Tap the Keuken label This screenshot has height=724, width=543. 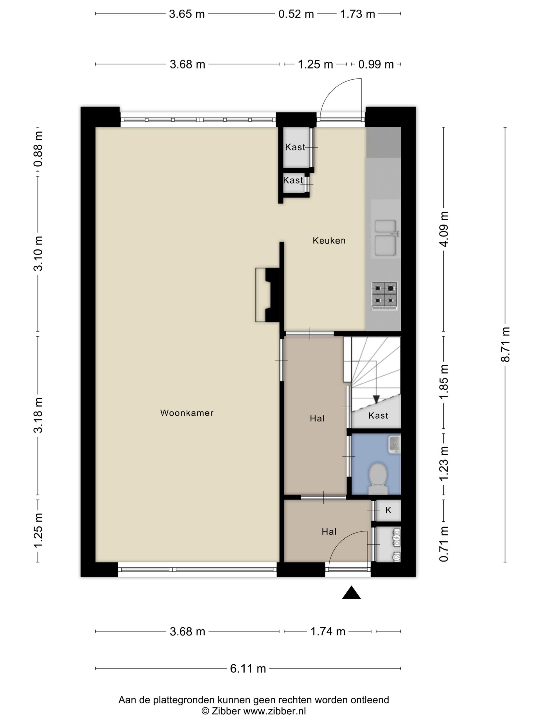[329, 241]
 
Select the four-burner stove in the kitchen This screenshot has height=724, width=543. [384, 296]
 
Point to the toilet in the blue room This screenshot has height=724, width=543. [378, 479]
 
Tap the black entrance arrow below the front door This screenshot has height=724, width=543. [351, 592]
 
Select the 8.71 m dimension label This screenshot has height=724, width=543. [505, 344]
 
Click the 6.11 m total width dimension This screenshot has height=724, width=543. [248, 668]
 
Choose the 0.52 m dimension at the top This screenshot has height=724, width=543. [296, 14]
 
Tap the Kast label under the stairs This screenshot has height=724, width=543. [378, 416]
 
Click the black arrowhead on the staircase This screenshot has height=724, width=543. [376, 399]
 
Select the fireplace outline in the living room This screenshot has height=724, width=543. [268, 295]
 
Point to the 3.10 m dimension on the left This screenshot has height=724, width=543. [38, 254]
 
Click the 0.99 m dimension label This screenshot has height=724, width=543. [376, 64]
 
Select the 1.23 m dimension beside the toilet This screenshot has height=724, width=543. [444, 464]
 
